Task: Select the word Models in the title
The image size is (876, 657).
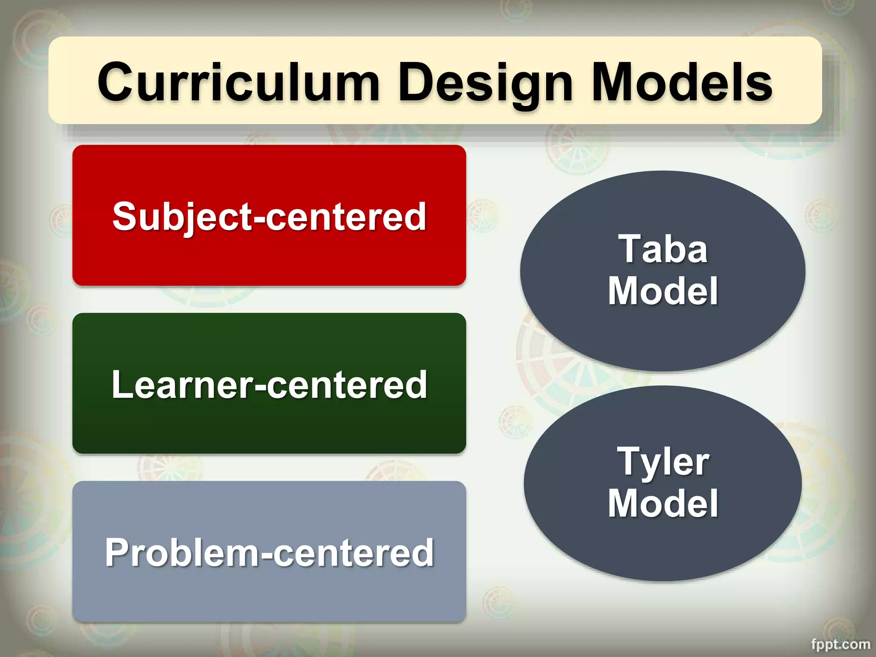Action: click(x=682, y=82)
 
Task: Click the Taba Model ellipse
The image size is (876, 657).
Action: click(x=663, y=334)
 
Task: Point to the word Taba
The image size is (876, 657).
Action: click(x=663, y=249)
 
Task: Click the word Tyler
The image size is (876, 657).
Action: click(x=663, y=462)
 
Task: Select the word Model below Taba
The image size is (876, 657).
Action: click(x=663, y=291)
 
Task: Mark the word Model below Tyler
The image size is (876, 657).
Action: click(x=663, y=503)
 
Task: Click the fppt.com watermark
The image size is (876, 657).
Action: click(x=840, y=644)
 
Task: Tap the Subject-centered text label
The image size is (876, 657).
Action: click(x=269, y=216)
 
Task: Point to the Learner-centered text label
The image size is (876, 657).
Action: click(x=269, y=385)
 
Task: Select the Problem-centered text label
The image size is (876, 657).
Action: click(x=269, y=553)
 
